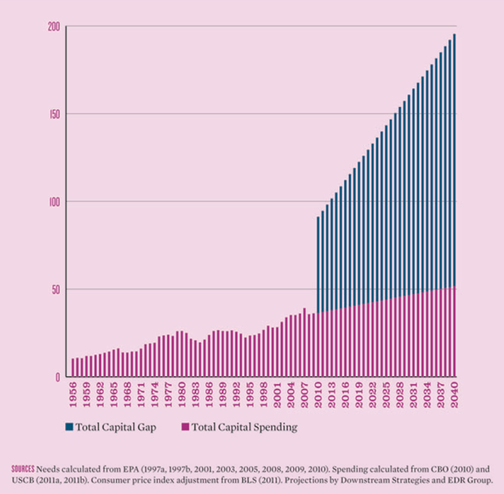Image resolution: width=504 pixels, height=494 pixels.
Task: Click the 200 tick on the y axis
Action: [x=54, y=26]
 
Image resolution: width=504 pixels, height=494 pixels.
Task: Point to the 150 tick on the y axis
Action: [x=54, y=114]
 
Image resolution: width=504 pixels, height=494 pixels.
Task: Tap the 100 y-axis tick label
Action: [x=54, y=201]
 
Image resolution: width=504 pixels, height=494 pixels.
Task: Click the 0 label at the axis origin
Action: [x=57, y=378]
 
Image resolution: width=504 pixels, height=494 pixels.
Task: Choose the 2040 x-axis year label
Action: [x=454, y=395]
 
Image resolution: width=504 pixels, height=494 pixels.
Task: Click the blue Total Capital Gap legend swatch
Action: [x=70, y=427]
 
